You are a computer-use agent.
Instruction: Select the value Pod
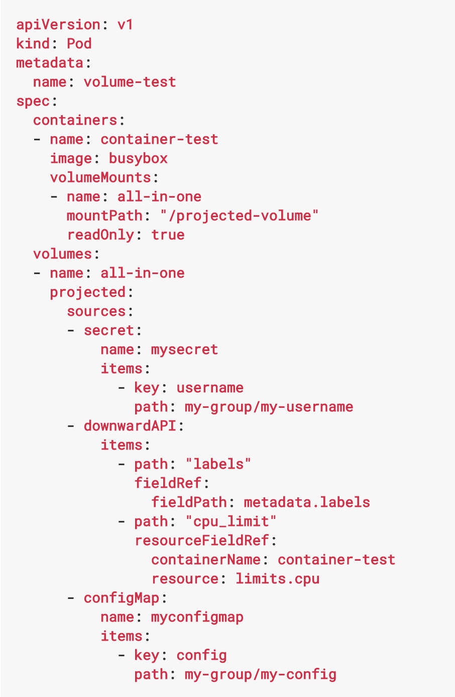tap(79, 44)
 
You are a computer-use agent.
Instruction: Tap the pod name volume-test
tap(130, 82)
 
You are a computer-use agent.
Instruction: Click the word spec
tap(33, 101)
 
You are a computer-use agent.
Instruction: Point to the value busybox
tap(138, 158)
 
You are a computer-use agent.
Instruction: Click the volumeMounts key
tap(100, 178)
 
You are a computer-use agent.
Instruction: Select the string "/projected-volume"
tap(239, 216)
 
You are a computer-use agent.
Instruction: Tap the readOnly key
tap(100, 235)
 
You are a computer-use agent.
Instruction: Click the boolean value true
tap(168, 235)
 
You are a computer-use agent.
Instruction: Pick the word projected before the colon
tap(87, 292)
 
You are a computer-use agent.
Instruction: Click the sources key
tap(96, 311)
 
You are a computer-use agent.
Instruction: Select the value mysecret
tap(184, 350)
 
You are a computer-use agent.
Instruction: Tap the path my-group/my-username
tap(269, 407)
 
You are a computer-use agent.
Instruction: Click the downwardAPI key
tap(130, 426)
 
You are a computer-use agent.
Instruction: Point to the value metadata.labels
tap(306, 502)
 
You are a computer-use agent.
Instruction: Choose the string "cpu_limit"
tap(231, 521)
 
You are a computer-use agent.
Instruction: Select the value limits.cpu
tap(277, 579)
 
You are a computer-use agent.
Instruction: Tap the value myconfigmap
tap(197, 617)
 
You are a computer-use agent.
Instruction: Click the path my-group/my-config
tap(260, 674)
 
